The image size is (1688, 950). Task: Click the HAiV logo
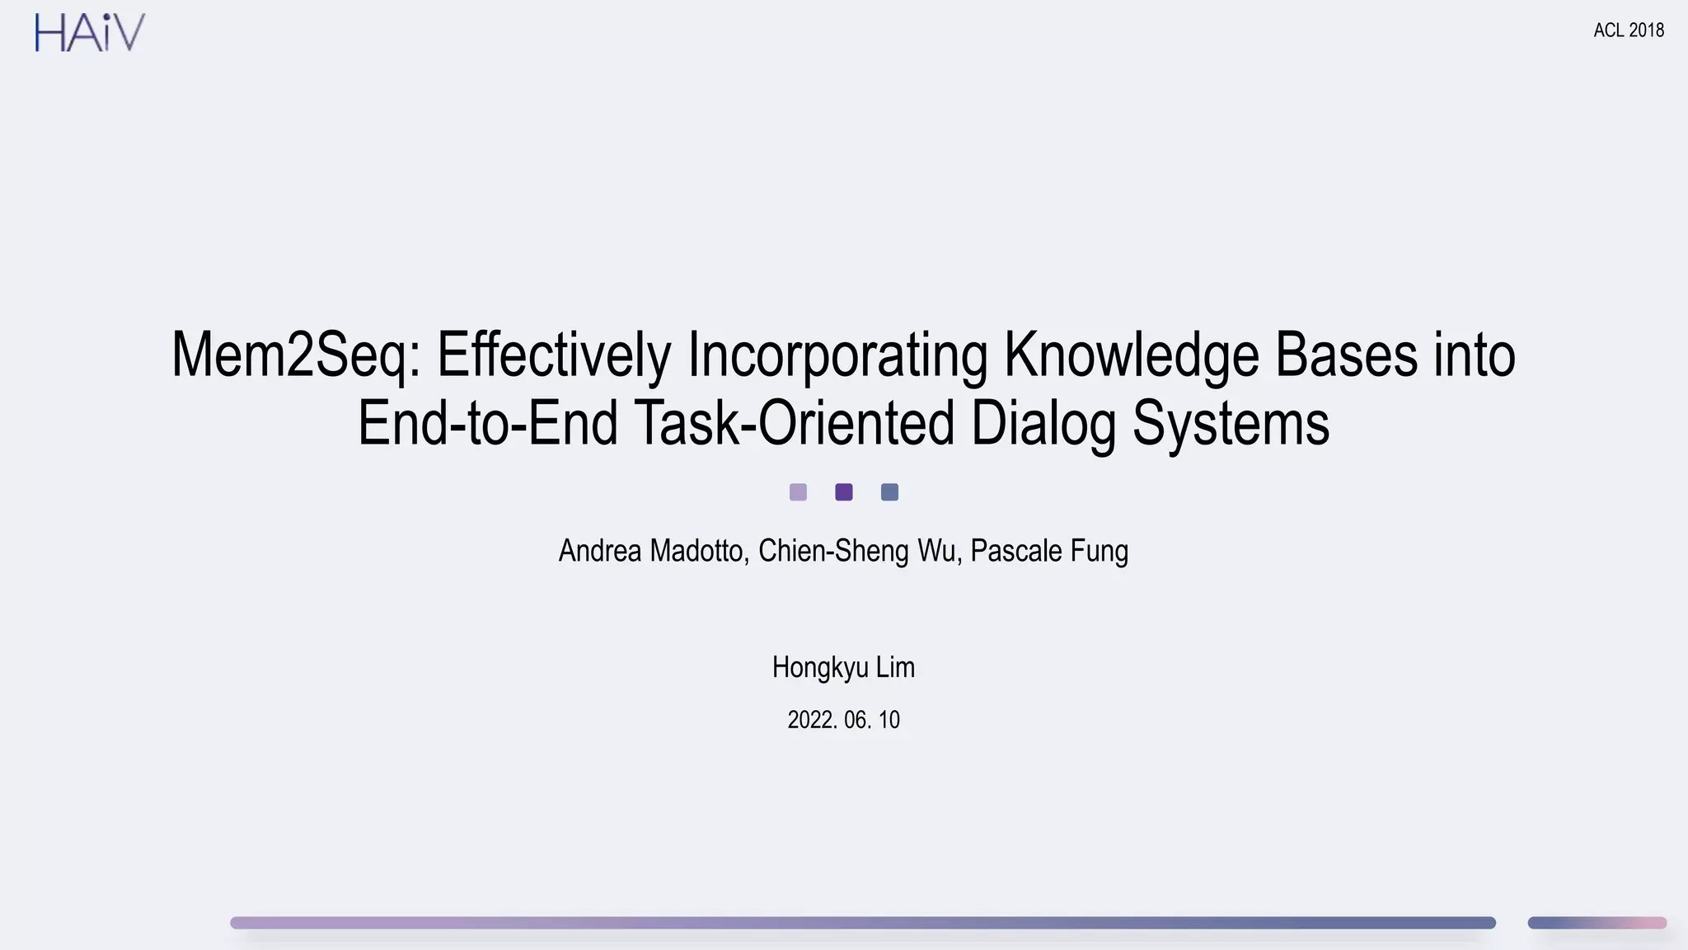click(90, 33)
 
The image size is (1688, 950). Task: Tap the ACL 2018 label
click(1629, 31)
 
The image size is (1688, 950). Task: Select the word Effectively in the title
click(554, 355)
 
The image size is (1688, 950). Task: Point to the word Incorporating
click(837, 355)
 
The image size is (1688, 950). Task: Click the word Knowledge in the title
click(1131, 355)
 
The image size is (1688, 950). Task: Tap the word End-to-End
click(487, 423)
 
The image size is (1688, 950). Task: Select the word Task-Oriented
click(795, 423)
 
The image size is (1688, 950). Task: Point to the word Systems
click(1231, 423)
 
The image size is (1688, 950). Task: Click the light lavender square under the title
click(798, 492)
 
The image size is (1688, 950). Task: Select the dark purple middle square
click(844, 492)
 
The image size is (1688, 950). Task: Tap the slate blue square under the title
click(889, 492)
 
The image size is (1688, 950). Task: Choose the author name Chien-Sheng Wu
click(857, 551)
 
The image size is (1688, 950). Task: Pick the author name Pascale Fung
click(1049, 551)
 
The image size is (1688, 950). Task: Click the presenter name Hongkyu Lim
click(843, 667)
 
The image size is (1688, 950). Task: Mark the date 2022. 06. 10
click(843, 720)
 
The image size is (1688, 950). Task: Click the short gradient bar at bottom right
click(1597, 923)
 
